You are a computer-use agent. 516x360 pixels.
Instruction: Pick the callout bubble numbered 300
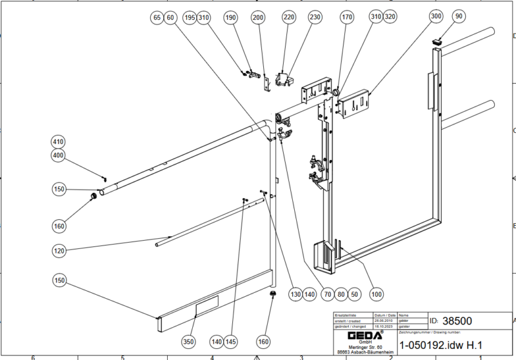437,17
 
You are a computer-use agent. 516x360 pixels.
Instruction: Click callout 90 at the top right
459,17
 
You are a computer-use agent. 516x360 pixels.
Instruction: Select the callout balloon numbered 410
59,142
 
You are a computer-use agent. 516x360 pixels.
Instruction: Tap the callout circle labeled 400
59,155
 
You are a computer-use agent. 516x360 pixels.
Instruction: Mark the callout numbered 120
59,249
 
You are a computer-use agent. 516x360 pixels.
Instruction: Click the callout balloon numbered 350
188,341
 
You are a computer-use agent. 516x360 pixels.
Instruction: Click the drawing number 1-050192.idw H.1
441,345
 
